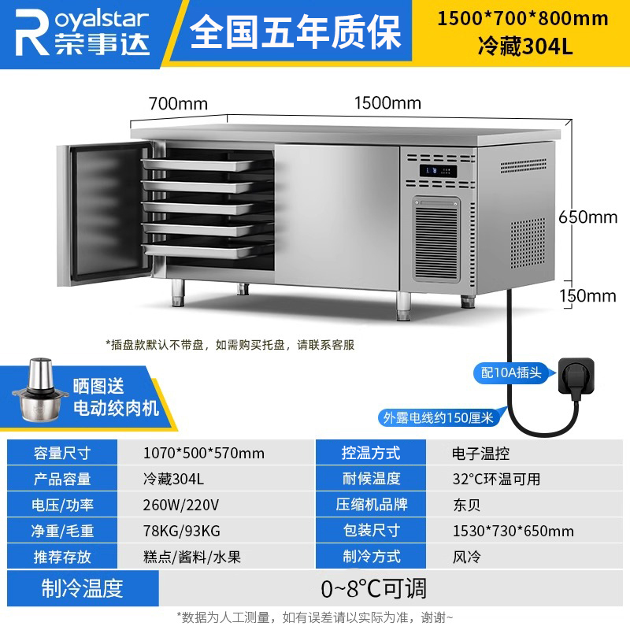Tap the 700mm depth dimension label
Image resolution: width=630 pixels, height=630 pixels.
pos(178,103)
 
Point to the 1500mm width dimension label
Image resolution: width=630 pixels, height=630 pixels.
pos(387,103)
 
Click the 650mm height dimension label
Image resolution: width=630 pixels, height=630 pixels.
pos(587,217)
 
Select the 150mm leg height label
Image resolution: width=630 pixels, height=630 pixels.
pos(587,295)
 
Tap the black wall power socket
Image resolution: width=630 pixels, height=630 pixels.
pos(581,372)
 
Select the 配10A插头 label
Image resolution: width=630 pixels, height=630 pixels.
pos(511,372)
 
